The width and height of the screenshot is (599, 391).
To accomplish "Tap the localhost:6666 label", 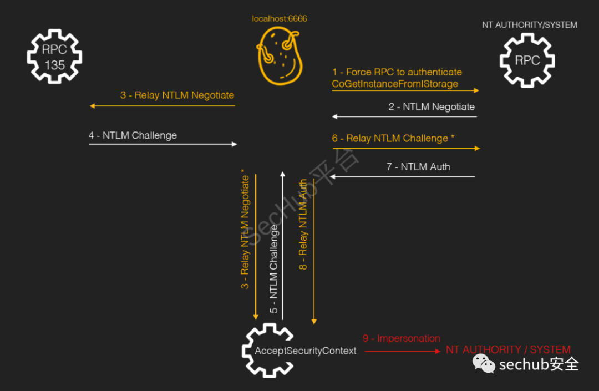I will coord(280,19).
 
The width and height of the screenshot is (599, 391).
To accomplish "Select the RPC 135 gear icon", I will coord(55,57).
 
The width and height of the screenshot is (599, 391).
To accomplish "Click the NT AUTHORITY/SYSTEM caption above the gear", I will coord(530,25).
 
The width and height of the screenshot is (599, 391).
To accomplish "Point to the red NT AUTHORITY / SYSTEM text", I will coord(508,350).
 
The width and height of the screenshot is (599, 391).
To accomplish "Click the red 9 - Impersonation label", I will coord(401,338).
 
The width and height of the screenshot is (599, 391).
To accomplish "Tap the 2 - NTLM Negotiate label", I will coord(432,106).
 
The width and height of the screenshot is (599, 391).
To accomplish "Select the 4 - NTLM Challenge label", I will coord(133,135).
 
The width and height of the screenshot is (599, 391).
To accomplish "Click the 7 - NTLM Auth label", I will coord(418,166).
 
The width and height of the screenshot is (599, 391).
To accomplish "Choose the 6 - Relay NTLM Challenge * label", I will coord(393,138).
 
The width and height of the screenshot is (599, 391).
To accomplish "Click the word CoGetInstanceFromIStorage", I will coord(395,84).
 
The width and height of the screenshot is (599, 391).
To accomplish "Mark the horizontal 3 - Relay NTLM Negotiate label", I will coord(177,95).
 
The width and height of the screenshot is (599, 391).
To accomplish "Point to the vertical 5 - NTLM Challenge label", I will coord(274,269).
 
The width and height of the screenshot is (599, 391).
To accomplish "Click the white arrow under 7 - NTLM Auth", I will coord(402,177).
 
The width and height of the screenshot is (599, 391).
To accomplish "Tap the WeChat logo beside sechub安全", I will coord(483,364).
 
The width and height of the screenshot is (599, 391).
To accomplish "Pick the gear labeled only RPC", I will coord(527,60).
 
